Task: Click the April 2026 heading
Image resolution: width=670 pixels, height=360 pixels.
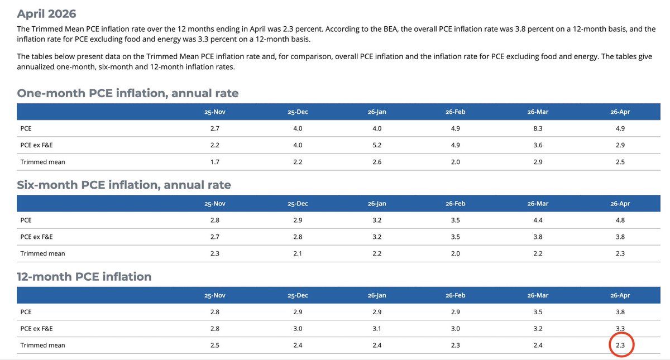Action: point(46,14)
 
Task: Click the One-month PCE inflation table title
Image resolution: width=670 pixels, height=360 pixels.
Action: point(128,93)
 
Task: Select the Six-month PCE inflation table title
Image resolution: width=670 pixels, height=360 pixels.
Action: point(124,185)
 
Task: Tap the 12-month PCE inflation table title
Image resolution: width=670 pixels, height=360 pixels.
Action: point(84,277)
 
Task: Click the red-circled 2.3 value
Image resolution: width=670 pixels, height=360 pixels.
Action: point(620,345)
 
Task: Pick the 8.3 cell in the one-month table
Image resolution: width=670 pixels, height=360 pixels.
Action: point(538,128)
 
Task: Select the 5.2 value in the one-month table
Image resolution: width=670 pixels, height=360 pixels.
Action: point(377,145)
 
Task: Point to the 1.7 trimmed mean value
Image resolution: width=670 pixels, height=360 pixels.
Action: point(215,162)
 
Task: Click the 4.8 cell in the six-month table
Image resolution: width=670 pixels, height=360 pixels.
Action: point(620,220)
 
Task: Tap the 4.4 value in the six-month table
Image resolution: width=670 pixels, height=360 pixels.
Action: point(538,220)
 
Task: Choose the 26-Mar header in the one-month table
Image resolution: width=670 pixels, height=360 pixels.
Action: point(538,112)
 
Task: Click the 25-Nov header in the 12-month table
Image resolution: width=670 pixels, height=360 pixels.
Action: point(215,295)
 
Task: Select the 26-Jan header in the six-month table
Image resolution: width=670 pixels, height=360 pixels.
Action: point(377,204)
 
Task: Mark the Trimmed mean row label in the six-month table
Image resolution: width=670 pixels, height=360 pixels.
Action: point(42,253)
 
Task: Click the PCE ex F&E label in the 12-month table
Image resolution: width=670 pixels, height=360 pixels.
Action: point(36,329)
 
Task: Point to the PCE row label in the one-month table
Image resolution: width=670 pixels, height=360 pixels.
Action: point(26,128)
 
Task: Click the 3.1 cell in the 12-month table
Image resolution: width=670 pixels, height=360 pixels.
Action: point(377,329)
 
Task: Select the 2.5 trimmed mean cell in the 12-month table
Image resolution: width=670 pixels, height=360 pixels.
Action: point(215,345)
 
